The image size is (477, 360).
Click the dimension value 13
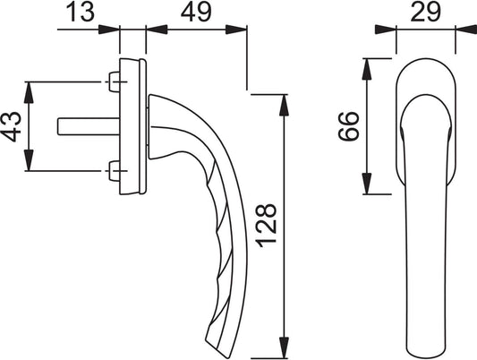[80, 13]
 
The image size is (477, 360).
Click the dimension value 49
[196, 13]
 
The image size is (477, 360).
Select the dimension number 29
[425, 12]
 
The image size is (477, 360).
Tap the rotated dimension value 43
[12, 126]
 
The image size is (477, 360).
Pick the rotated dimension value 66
[349, 126]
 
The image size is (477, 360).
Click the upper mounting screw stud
[114, 81]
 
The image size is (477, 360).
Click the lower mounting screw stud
[114, 171]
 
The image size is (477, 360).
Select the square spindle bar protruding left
[89, 126]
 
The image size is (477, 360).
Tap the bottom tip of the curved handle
[226, 357]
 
